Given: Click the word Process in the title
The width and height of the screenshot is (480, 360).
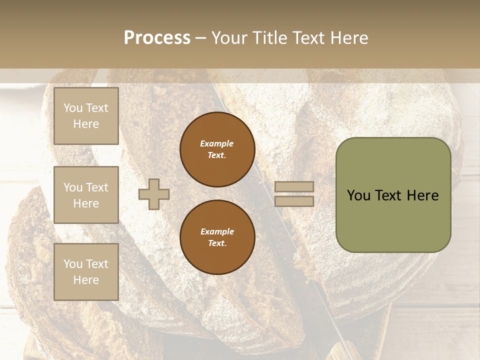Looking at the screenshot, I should tap(157, 38).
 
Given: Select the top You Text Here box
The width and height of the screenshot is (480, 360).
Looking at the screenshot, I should tap(86, 116).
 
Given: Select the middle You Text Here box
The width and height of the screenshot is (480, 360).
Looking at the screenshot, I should tap(86, 195).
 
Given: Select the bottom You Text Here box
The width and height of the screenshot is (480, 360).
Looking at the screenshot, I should tap(86, 272).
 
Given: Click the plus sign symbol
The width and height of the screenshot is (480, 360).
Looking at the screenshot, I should tap(154, 194).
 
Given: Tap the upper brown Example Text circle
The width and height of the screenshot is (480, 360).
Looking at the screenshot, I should tap(217, 149).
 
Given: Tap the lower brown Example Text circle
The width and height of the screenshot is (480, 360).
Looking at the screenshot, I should tap(217, 237).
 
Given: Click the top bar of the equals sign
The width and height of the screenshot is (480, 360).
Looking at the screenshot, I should tap(294, 186).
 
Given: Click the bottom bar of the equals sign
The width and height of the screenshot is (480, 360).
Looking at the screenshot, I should tap(294, 201).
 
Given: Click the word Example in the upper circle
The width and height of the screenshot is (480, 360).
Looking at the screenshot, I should tap(216, 143).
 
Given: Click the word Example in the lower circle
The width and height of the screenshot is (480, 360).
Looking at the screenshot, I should tap(216, 231).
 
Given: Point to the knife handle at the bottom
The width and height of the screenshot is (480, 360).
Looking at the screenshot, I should tap(345, 350).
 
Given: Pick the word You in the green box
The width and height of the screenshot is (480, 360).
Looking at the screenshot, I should tap(358, 195).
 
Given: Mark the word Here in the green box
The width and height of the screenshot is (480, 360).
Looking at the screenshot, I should tap(423, 195).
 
